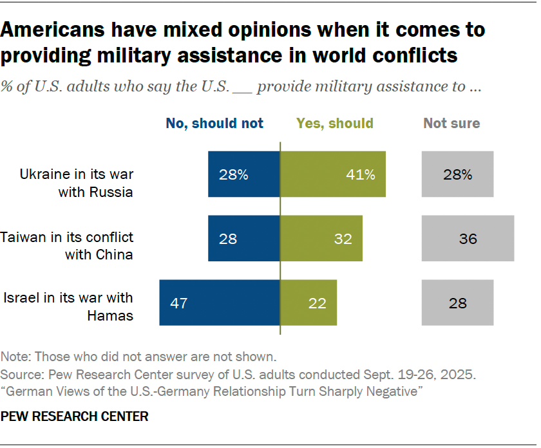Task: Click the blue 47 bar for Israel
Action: coord(220,303)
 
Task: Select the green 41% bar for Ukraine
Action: coord(333,174)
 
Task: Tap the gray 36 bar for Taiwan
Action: coord(468,239)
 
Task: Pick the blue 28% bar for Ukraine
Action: coord(244,174)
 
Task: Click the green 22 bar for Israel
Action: coord(308,303)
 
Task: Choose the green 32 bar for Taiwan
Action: coord(321,239)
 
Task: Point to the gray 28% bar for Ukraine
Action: coord(457,174)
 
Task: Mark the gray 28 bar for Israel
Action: coord(457,303)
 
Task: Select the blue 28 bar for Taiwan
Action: coord(244,239)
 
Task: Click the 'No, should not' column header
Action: coord(214,124)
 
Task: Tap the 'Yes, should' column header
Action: coord(335,124)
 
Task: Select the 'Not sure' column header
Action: coord(451,124)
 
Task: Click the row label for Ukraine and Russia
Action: coord(76,183)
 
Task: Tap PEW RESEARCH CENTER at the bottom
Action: coord(75,417)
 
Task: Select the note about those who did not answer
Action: coord(138,356)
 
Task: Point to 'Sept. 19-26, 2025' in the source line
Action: coord(422,374)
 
